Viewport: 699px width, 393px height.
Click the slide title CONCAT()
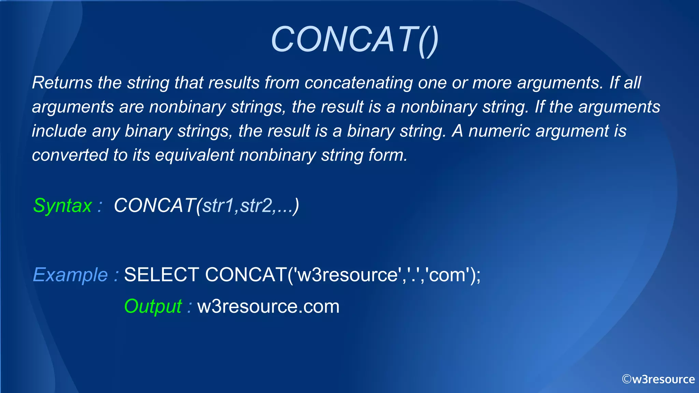pyautogui.click(x=354, y=40)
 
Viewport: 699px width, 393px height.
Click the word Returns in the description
pyautogui.click(x=62, y=83)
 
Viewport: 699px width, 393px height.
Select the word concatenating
pyautogui.click(x=358, y=83)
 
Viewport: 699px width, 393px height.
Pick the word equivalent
pyautogui.click(x=194, y=155)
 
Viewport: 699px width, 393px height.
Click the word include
pyautogui.click(x=59, y=131)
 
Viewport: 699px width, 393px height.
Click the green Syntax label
pyautogui.click(x=62, y=206)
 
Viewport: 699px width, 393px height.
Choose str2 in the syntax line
pyautogui.click(x=256, y=206)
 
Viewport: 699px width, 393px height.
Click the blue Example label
pyautogui.click(x=71, y=275)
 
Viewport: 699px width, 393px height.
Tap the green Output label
pyautogui.click(x=153, y=306)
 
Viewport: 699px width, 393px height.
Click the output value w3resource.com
pyautogui.click(x=268, y=306)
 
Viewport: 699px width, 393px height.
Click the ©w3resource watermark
pyautogui.click(x=658, y=379)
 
